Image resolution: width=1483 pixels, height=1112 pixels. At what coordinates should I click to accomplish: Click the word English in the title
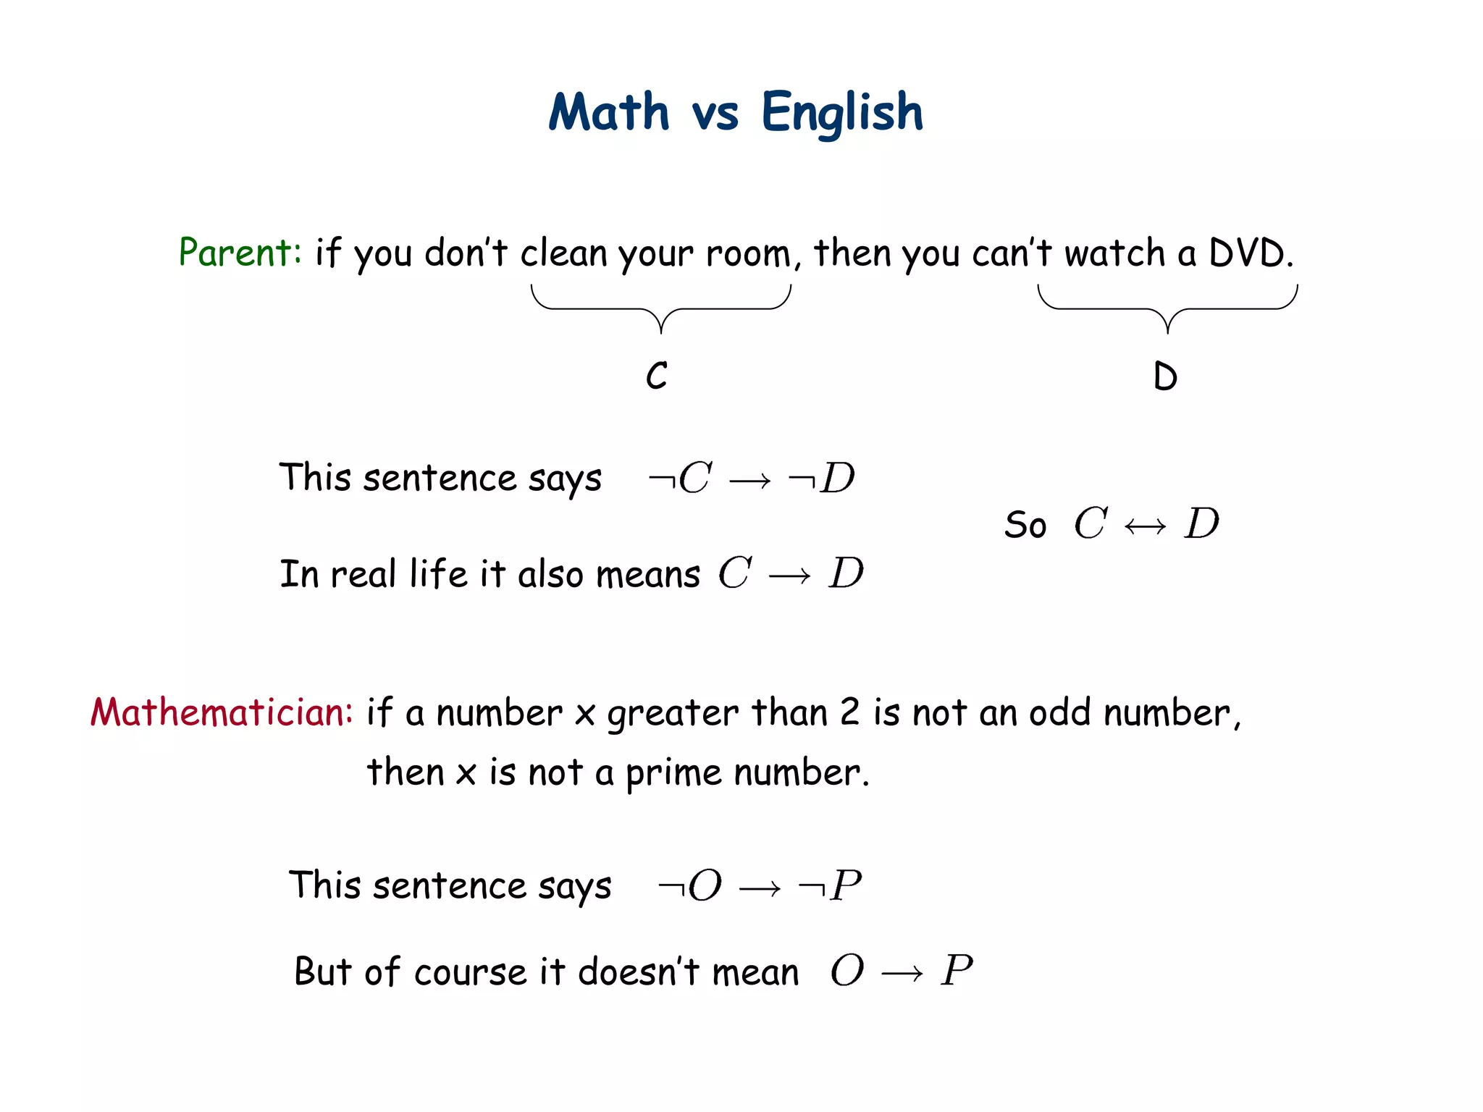842,113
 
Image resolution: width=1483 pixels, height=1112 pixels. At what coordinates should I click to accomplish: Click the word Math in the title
609,113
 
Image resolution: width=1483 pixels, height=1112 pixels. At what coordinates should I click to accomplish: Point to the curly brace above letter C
661,308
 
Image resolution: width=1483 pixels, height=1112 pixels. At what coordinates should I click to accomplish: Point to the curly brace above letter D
1167,308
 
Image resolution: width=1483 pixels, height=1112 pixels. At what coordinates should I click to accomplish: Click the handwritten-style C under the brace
657,376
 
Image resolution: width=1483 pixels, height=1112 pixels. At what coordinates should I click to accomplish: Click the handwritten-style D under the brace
1165,376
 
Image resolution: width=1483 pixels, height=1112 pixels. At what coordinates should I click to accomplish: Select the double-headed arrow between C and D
1146,526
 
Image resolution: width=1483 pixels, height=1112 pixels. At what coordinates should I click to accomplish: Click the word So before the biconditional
1025,525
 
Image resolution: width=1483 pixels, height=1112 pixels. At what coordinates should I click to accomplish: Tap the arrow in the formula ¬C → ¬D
750,481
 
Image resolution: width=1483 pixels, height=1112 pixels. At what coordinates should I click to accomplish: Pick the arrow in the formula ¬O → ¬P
760,888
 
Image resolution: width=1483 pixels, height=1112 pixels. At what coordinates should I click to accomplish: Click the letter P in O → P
957,970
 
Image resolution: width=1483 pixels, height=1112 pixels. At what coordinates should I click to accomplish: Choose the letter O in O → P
847,970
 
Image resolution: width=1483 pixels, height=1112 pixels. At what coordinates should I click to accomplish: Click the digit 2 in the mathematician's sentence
849,712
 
